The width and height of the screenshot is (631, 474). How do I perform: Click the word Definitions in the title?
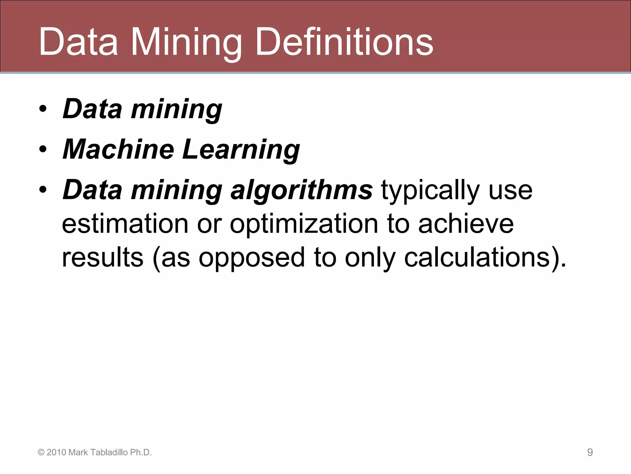344,42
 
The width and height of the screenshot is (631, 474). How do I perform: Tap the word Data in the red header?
78,42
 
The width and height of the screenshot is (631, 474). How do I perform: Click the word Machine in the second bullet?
118,149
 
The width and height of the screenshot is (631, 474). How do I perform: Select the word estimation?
125,224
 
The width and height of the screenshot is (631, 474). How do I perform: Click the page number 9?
590,452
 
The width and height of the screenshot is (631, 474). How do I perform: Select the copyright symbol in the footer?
41,453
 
